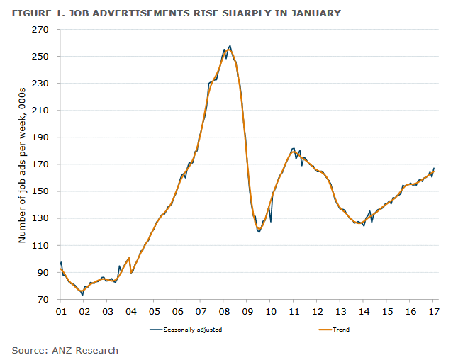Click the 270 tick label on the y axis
(39, 30)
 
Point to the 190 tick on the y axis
(39, 137)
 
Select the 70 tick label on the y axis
(41, 300)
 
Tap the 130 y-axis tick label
(39, 218)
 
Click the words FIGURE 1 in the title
(40, 13)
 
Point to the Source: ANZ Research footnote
(65, 350)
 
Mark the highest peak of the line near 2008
(230, 46)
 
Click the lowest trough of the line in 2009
(259, 232)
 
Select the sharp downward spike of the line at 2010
(270, 222)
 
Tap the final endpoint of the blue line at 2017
(434, 168)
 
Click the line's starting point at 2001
(61, 263)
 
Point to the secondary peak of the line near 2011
(294, 148)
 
